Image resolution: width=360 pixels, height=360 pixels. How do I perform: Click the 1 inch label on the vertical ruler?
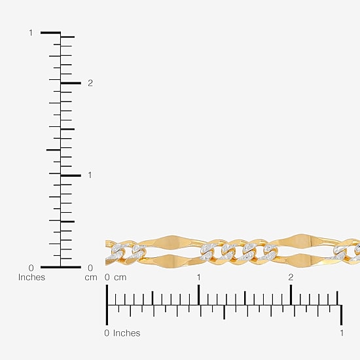[31, 33]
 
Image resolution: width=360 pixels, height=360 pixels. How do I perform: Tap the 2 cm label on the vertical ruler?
[90, 83]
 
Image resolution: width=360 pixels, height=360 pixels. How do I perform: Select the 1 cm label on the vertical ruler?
[90, 175]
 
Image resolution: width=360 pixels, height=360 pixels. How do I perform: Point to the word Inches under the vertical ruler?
[31, 277]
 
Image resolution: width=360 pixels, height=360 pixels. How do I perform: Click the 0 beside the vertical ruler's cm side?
[90, 268]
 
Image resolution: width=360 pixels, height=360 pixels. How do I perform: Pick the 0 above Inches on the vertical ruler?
[31, 268]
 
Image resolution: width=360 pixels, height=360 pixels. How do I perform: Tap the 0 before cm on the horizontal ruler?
[107, 277]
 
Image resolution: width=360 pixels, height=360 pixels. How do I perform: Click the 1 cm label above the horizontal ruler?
[198, 277]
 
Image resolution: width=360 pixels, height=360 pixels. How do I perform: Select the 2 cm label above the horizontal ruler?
[291, 277]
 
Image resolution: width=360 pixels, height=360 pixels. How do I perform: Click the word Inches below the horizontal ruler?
[126, 333]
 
